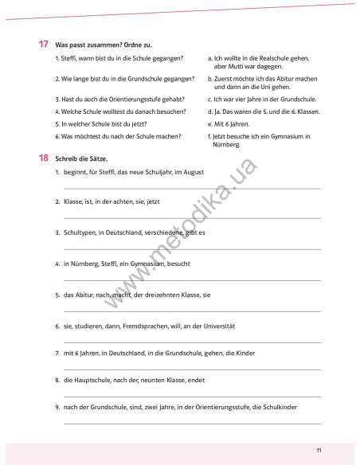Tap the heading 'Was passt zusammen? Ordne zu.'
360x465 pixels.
coord(97,45)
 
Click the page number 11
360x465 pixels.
coord(319,450)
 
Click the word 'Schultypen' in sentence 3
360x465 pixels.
coord(79,232)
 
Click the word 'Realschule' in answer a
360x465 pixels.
coord(263,58)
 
